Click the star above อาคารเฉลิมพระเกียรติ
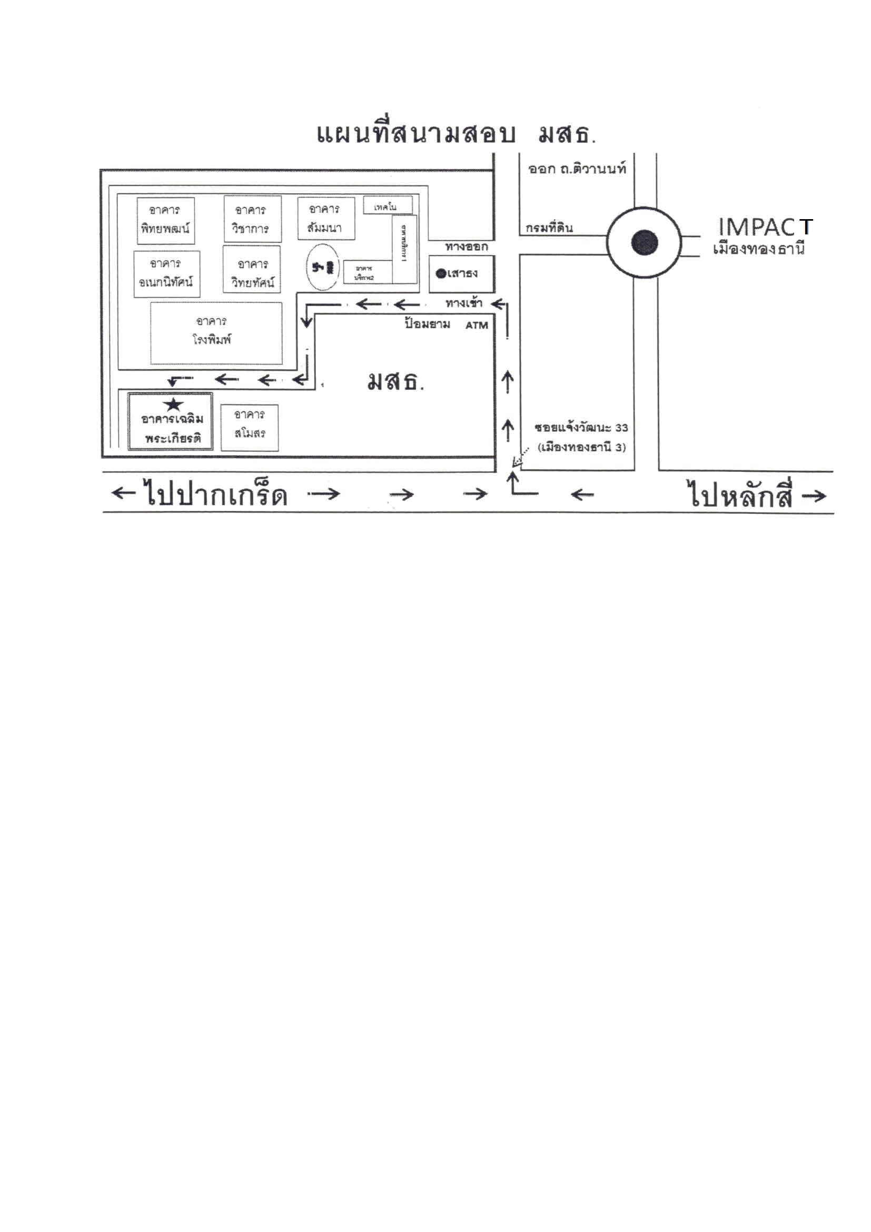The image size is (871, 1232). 173,404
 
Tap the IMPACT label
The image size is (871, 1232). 765,227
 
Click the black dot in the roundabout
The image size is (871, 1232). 644,242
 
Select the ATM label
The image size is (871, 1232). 476,325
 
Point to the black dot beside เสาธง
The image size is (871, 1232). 441,274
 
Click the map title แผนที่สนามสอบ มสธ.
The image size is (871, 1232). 456,134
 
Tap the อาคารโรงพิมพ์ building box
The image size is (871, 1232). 215,333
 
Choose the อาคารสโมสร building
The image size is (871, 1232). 250,427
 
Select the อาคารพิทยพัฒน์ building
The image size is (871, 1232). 165,220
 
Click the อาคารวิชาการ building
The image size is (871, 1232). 252,219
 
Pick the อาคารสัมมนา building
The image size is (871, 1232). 325,218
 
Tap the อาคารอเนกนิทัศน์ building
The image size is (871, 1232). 166,274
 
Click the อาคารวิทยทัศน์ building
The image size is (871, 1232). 252,274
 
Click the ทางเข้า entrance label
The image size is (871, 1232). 463,304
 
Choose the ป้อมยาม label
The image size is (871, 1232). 428,324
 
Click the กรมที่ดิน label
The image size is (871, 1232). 549,228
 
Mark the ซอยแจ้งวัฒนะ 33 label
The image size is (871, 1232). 581,428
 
